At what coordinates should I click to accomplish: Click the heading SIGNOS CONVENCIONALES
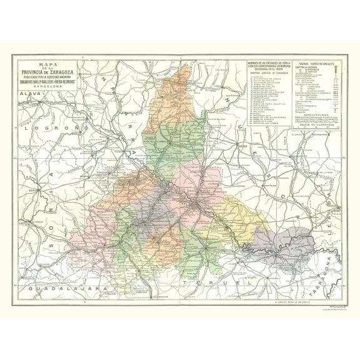pos(316,63)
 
